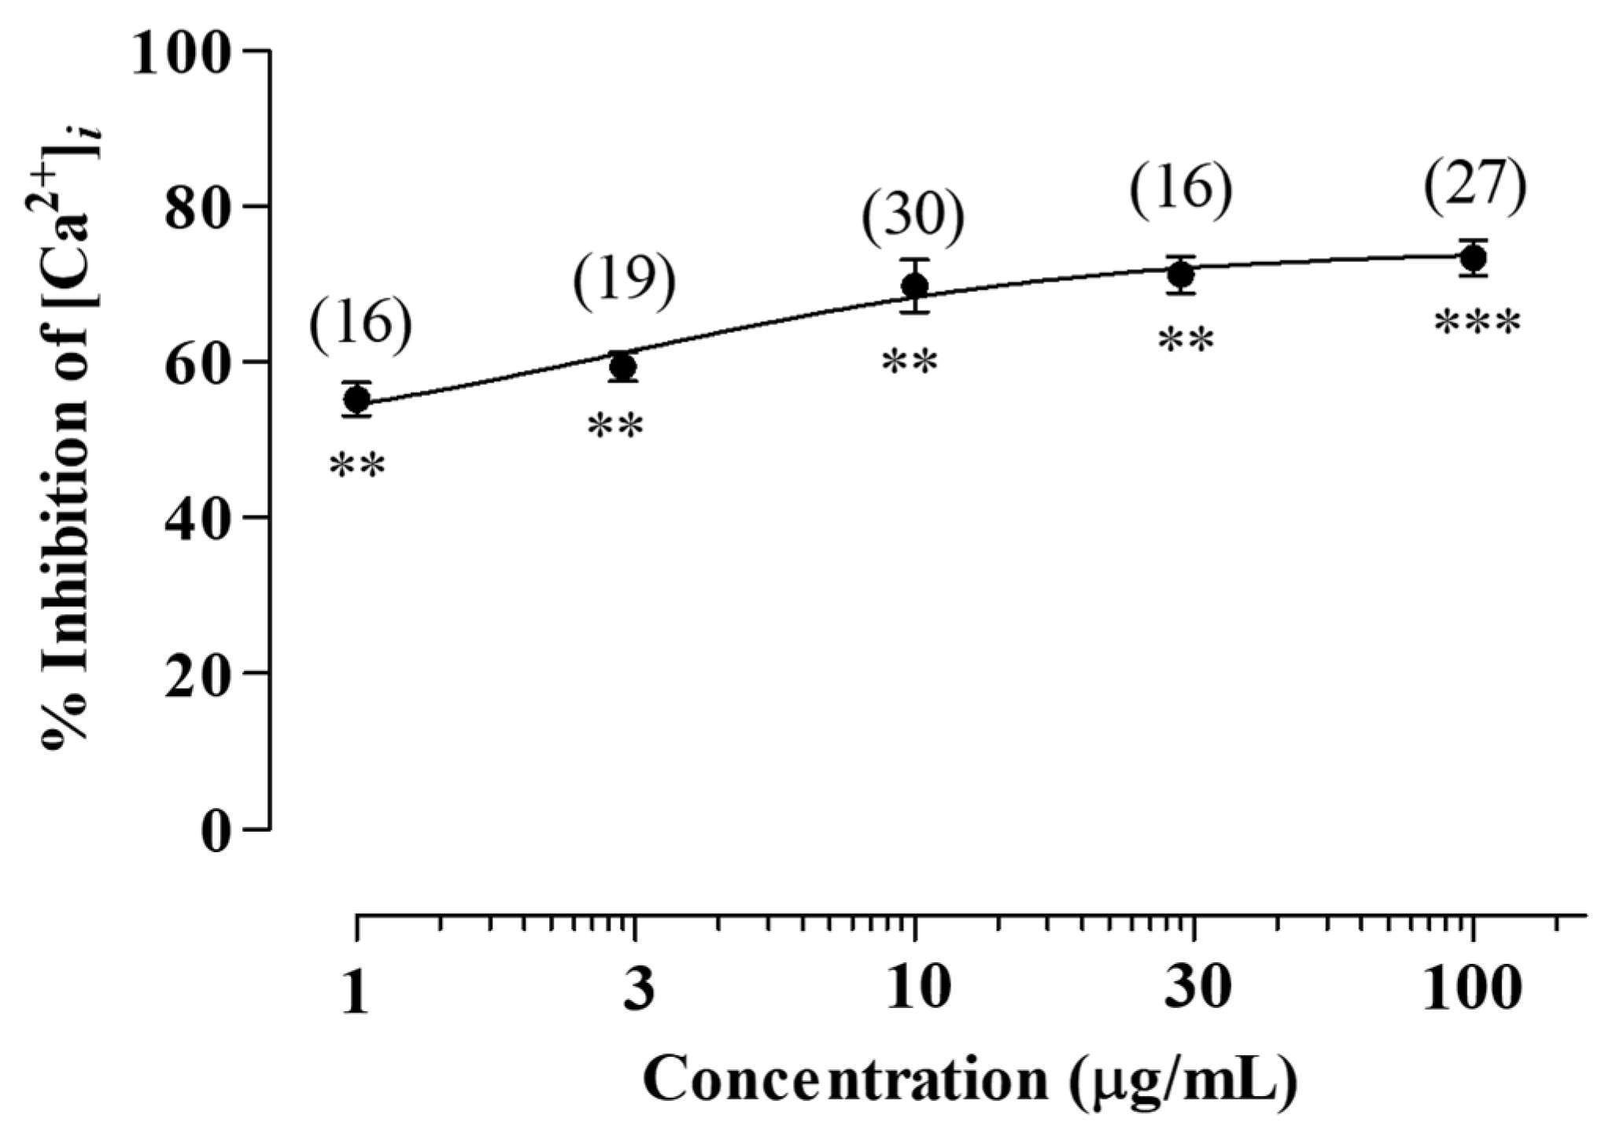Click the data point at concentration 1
(357, 400)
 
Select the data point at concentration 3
(623, 367)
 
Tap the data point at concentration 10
(914, 286)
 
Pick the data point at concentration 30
(1181, 275)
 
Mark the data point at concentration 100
(1473, 257)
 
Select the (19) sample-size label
(624, 281)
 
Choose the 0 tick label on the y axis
(215, 831)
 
